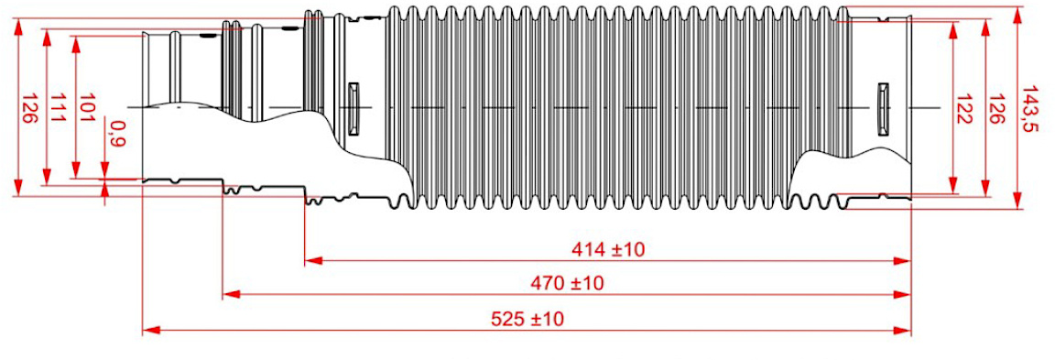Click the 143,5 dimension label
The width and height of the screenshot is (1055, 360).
[x=1031, y=108]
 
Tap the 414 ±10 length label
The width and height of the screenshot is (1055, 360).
[x=607, y=250]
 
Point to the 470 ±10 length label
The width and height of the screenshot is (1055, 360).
[x=567, y=283]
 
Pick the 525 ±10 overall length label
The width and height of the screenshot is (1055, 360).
[x=527, y=318]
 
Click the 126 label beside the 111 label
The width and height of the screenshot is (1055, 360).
[x=29, y=108]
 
